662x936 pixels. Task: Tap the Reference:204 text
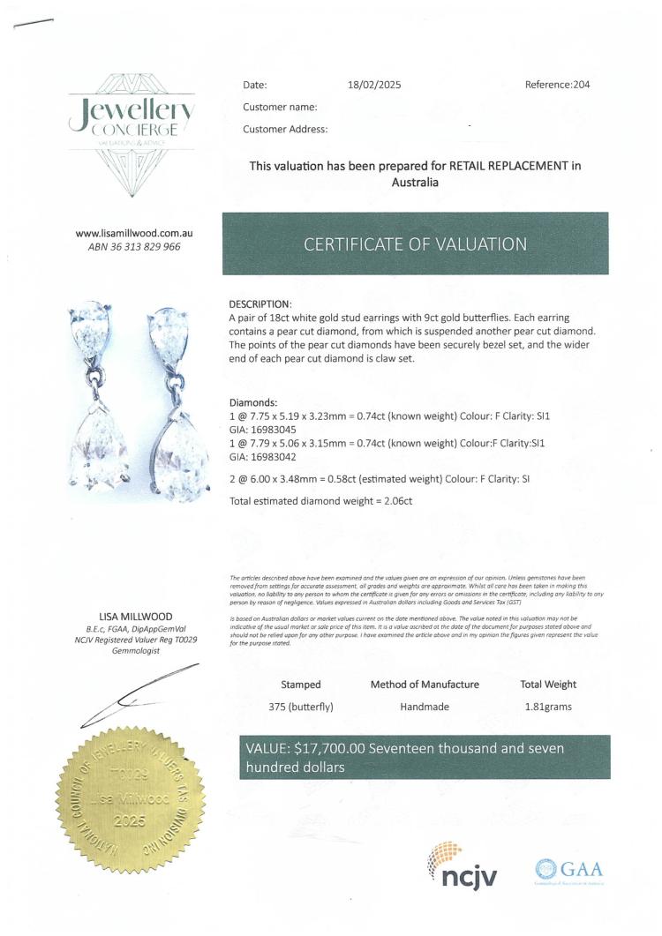557,86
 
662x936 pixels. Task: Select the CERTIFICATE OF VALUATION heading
415,243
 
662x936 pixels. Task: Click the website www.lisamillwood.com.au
134,233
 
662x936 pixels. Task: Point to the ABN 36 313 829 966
134,247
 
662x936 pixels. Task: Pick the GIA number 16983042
268,457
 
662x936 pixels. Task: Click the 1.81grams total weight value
548,706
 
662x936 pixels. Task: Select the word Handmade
425,706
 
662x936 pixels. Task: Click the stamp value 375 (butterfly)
301,706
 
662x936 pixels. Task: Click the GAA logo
568,870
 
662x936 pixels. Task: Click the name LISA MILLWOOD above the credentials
135,616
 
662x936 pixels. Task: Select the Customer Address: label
285,129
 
